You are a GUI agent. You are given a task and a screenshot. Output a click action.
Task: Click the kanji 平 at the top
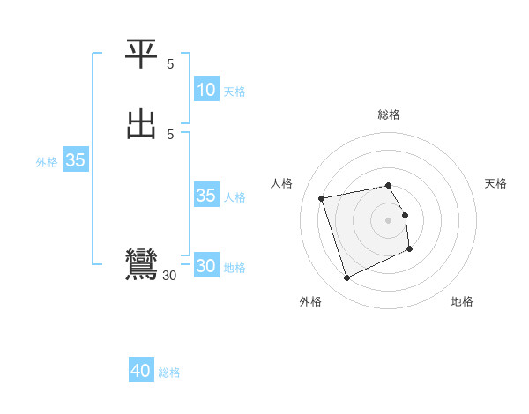click(x=142, y=55)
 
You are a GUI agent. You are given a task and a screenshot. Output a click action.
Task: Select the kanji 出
click(x=142, y=124)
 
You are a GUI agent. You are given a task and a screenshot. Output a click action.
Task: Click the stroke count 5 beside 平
click(x=170, y=64)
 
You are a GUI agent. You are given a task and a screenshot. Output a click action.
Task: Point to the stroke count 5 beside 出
click(x=170, y=134)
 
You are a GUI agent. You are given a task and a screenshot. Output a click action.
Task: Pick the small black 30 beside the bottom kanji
click(x=169, y=276)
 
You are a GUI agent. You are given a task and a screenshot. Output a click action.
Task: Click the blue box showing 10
click(x=205, y=90)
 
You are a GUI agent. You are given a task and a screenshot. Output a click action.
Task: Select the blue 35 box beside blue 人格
click(x=205, y=196)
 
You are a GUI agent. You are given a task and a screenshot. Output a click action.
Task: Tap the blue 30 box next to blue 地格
click(x=205, y=266)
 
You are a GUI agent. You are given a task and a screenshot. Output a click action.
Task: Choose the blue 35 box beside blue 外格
click(x=75, y=161)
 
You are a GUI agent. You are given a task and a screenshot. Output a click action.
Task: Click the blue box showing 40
click(x=141, y=372)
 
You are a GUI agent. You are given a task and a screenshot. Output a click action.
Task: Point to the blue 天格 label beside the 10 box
click(x=235, y=92)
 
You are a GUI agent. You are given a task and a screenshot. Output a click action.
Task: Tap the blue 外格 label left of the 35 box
click(x=47, y=162)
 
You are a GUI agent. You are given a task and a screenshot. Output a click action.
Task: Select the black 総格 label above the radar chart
click(x=389, y=115)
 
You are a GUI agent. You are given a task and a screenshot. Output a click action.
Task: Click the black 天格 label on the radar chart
click(x=495, y=183)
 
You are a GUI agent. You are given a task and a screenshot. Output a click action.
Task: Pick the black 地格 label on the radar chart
click(x=462, y=301)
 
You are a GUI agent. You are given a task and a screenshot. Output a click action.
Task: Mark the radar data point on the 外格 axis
click(x=346, y=278)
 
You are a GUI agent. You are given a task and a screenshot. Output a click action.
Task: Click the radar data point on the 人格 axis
click(x=322, y=198)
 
